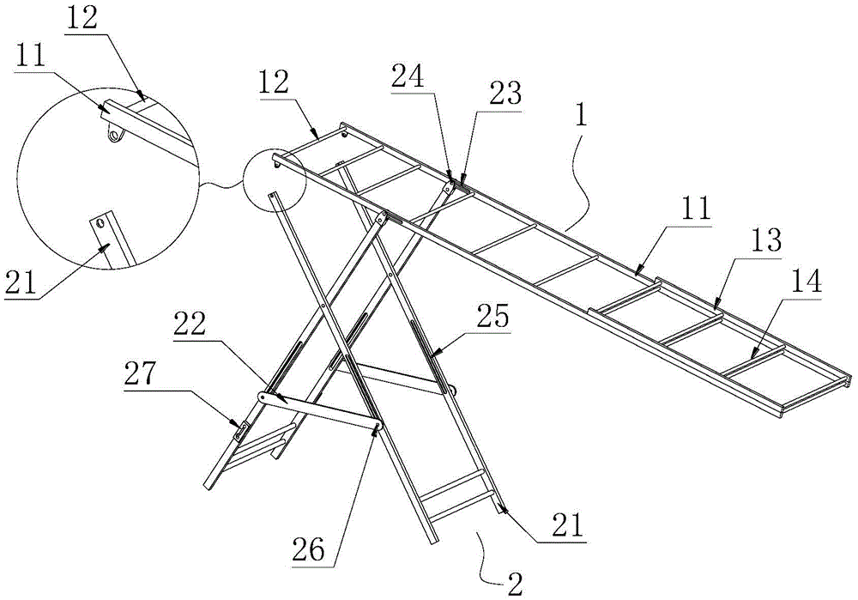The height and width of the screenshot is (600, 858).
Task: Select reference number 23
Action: tap(505, 95)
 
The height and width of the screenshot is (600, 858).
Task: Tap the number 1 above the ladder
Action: tap(581, 117)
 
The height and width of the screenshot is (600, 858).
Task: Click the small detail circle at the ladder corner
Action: tap(275, 181)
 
